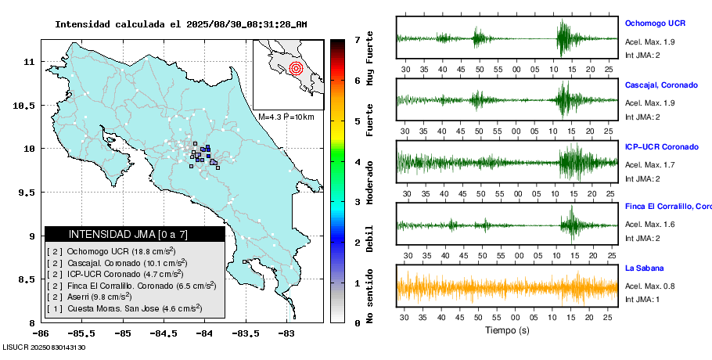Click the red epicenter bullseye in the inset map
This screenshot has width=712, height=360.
click(295, 68)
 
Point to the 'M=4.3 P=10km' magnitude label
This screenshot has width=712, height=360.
click(286, 117)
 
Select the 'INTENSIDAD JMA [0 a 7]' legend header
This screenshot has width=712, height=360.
click(134, 234)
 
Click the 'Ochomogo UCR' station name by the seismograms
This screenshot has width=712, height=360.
click(655, 23)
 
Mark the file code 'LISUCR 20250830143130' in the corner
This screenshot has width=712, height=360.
click(44, 347)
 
